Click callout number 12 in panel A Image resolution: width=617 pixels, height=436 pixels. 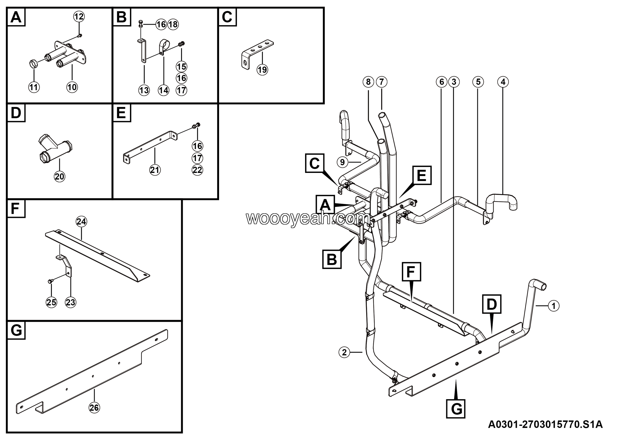point(79,17)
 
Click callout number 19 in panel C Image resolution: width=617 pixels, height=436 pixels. point(262,70)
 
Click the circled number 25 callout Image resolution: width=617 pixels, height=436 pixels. point(51,302)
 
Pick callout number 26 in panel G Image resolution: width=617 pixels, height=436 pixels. point(94,408)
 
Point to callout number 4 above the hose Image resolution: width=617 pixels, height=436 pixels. point(503,82)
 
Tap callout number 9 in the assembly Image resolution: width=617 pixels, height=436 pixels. point(342,162)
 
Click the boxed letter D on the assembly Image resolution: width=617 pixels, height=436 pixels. point(491,304)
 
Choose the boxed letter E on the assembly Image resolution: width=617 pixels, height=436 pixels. point(421,175)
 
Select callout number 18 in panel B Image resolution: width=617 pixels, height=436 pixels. point(173,24)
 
